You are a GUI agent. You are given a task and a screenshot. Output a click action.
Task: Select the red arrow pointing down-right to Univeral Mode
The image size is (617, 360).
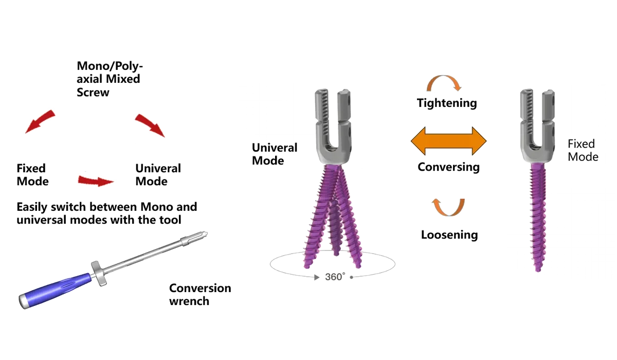(x=151, y=125)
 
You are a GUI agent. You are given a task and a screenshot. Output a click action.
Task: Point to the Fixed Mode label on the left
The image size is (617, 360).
(x=32, y=174)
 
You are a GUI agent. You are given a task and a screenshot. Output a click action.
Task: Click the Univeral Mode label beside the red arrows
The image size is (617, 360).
(x=158, y=174)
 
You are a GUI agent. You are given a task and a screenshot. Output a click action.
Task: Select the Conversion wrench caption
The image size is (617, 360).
(x=199, y=294)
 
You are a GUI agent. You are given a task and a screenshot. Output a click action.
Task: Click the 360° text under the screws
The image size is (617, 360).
(x=334, y=277)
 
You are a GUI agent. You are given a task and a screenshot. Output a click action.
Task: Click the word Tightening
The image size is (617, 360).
(x=447, y=103)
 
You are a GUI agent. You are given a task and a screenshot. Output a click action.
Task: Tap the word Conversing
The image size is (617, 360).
(x=448, y=167)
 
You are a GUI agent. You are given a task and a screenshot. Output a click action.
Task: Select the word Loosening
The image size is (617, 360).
(x=449, y=235)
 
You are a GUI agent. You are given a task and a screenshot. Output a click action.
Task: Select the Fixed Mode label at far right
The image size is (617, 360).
(x=583, y=150)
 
